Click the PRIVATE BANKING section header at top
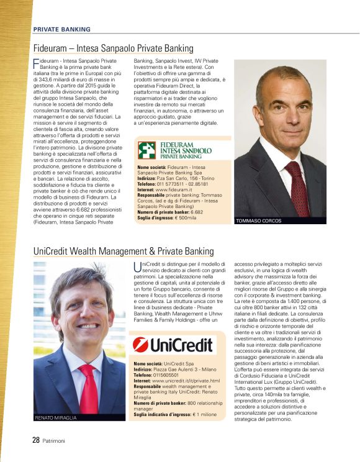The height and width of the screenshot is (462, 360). coord(61,29)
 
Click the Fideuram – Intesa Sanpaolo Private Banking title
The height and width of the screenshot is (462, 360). coord(113,48)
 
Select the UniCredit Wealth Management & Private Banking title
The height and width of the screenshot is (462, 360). coord(124,251)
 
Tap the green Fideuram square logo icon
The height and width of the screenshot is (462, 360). coord(147,151)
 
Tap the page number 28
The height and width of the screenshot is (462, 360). coord(36,440)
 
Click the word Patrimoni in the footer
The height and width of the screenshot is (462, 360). coord(54,441)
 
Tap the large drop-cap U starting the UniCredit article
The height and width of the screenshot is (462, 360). coord(138,266)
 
